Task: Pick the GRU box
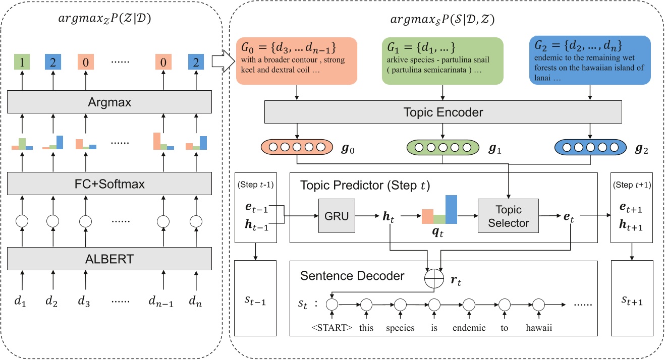point(336,216)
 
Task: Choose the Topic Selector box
point(509,216)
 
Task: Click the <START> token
point(331,328)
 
